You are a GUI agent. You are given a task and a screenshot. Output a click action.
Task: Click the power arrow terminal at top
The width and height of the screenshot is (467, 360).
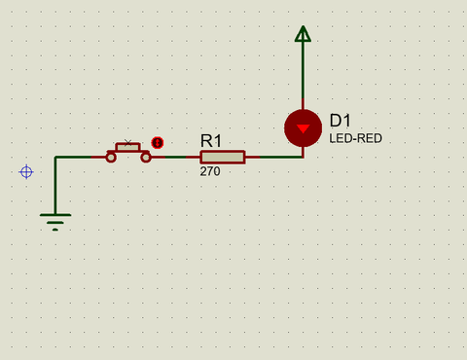click(x=303, y=34)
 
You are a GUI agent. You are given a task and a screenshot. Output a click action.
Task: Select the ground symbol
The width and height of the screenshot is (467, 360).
click(x=55, y=222)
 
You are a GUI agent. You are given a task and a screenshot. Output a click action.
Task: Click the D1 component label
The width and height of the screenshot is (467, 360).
click(x=341, y=121)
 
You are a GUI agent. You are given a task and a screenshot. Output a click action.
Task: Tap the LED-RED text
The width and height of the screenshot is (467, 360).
click(x=355, y=138)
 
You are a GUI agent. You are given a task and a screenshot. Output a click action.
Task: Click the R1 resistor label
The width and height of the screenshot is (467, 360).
click(x=211, y=141)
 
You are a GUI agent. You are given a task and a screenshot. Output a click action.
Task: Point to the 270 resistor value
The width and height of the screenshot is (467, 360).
click(x=210, y=171)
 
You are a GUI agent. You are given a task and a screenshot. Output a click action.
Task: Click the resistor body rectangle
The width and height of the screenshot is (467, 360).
click(x=223, y=157)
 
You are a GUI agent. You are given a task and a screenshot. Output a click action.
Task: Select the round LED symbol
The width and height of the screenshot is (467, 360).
click(x=303, y=128)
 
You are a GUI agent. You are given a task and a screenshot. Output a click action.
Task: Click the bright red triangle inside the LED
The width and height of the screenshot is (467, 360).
click(x=303, y=128)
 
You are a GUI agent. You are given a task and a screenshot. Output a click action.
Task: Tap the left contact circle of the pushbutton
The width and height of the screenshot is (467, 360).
click(x=111, y=158)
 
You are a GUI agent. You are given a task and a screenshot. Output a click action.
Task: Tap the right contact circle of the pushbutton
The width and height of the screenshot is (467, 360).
click(x=146, y=158)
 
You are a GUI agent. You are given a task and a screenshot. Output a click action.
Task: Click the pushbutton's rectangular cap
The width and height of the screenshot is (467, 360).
click(x=127, y=147)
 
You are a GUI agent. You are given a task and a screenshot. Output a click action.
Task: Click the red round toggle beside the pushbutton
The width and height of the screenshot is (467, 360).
click(x=158, y=143)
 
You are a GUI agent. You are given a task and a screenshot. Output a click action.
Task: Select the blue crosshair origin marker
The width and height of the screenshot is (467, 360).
click(x=26, y=172)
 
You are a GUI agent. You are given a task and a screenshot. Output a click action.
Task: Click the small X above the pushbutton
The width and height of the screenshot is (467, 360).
click(x=127, y=142)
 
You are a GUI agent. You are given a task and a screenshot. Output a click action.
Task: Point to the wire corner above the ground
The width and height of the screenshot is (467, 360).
click(x=55, y=158)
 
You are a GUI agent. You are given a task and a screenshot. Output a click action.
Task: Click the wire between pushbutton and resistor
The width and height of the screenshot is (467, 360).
click(x=176, y=157)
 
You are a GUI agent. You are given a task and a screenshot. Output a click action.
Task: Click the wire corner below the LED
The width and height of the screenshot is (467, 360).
click(x=303, y=157)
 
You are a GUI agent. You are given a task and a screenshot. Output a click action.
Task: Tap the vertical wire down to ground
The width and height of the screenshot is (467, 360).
click(x=55, y=186)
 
